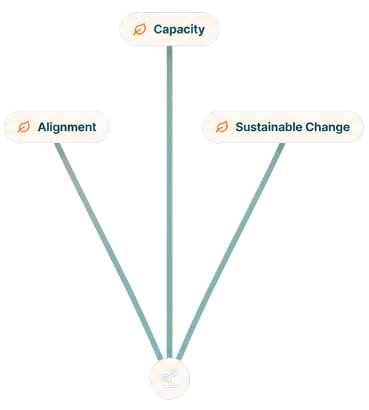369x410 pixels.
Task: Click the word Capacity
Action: (x=179, y=29)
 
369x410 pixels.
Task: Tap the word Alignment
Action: (x=67, y=128)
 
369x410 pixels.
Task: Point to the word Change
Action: (x=327, y=128)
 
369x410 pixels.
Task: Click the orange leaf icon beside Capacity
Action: (x=140, y=29)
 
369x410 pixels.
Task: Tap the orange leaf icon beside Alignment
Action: (x=24, y=127)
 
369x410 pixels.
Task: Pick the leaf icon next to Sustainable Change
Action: (x=222, y=127)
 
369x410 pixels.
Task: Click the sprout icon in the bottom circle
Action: (x=169, y=378)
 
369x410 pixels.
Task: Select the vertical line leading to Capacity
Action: (x=169, y=202)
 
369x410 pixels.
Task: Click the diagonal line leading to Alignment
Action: (x=109, y=251)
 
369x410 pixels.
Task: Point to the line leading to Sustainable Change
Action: (x=231, y=251)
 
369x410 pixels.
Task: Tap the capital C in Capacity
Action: (x=159, y=29)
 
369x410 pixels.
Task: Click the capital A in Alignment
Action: (x=42, y=127)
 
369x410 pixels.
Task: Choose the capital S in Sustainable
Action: (x=240, y=127)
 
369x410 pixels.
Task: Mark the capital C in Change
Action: (x=310, y=127)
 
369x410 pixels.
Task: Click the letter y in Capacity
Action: (x=201, y=31)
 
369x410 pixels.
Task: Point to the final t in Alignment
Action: (x=94, y=128)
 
